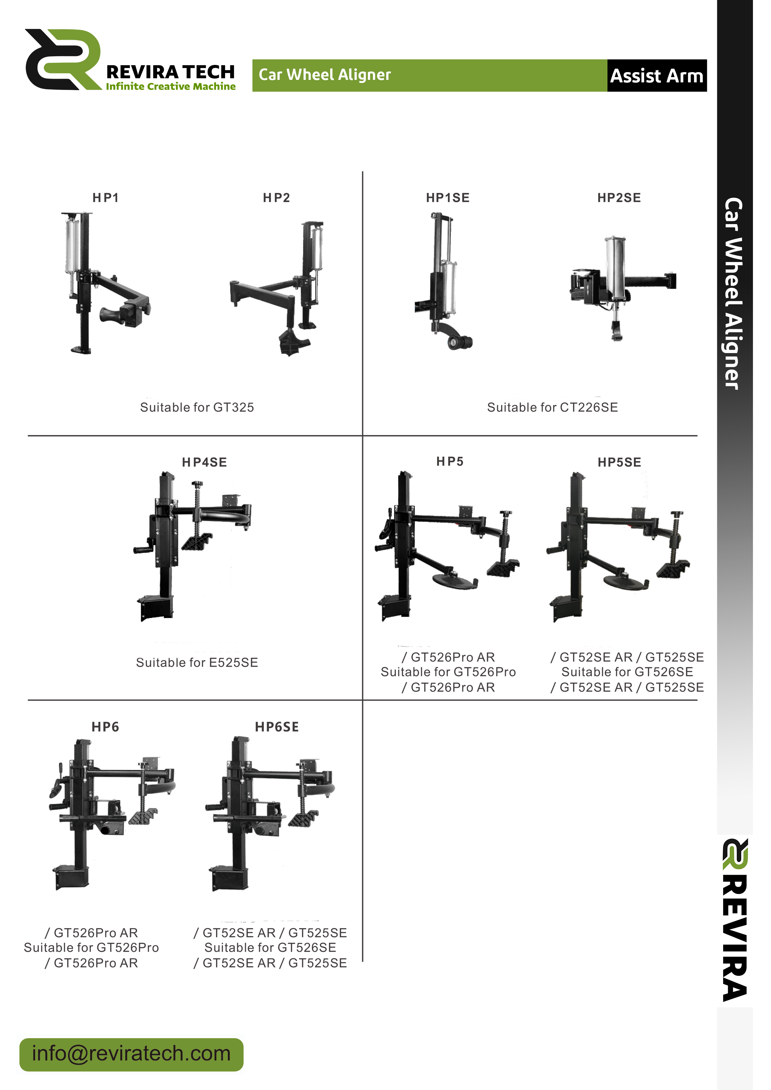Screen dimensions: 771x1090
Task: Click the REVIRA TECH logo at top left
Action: click(131, 60)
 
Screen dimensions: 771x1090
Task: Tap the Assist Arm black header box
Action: click(657, 76)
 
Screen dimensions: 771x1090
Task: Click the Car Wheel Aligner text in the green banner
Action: click(325, 75)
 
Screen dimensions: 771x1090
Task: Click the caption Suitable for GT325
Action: click(197, 407)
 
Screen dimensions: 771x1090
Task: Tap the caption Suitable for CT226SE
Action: click(553, 407)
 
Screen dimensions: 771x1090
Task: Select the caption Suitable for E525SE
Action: click(197, 662)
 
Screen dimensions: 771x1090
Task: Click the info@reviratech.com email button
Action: click(132, 1054)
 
